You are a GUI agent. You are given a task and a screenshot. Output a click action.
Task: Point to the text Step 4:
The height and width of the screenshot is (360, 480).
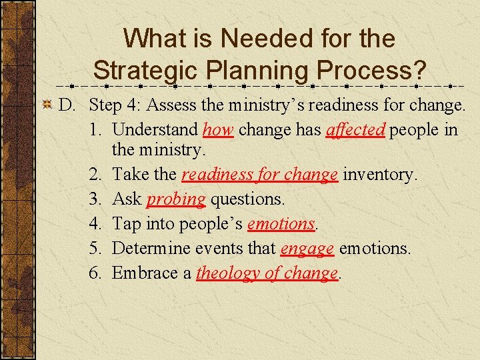click(115, 105)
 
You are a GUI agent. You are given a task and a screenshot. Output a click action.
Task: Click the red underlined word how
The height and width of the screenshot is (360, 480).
click(218, 129)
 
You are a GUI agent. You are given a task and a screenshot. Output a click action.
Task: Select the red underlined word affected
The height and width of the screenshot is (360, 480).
click(355, 129)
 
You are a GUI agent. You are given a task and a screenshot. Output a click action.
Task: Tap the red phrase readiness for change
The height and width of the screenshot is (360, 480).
click(259, 175)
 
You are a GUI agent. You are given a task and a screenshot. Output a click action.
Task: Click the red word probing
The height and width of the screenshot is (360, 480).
click(176, 199)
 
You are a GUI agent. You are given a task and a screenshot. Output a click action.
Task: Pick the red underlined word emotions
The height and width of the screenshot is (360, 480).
click(281, 224)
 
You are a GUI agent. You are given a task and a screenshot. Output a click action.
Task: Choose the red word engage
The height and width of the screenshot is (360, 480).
click(307, 249)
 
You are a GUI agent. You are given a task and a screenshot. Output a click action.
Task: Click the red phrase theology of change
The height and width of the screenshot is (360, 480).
click(267, 273)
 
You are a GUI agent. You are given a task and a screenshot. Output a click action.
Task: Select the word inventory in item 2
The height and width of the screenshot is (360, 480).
click(380, 175)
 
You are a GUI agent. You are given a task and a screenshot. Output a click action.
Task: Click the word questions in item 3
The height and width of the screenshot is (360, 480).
click(247, 199)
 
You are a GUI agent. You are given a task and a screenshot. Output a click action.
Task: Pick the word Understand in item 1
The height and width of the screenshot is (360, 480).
click(155, 129)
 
